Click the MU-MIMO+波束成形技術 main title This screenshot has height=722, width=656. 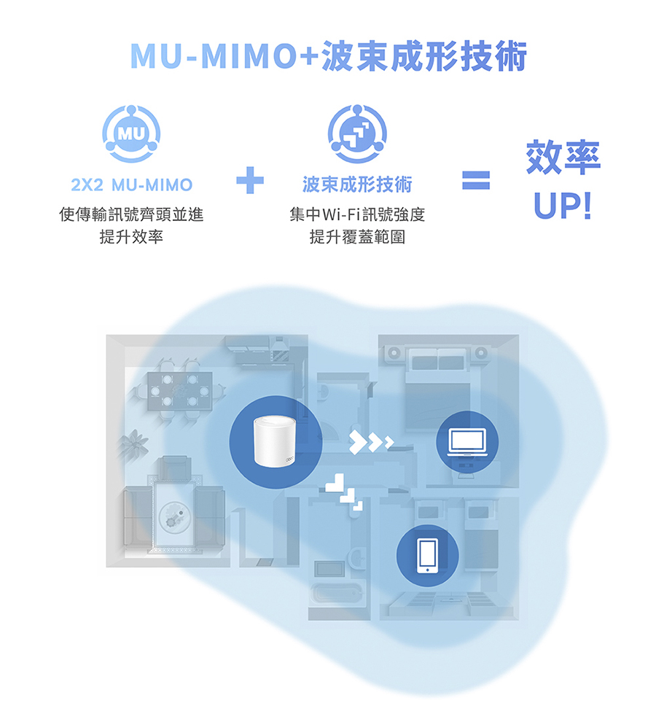point(329,56)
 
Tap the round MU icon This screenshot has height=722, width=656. point(131,134)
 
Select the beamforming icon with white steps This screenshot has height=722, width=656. point(357,134)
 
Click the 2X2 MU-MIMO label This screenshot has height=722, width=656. point(132,185)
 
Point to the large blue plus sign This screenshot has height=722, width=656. point(250,180)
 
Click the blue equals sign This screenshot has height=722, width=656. point(476,180)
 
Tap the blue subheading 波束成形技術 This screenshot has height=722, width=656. point(357,185)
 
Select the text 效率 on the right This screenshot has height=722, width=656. point(563,157)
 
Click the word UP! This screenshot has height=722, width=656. point(563,206)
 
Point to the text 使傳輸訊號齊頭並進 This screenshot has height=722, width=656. point(132,214)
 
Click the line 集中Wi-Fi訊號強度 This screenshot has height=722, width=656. point(357,214)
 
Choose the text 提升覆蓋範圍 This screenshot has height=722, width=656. point(357,237)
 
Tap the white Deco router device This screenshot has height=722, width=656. point(275,441)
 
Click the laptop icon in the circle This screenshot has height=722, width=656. point(467,442)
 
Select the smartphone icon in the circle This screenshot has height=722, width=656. point(428,556)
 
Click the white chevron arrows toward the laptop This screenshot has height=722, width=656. point(371,443)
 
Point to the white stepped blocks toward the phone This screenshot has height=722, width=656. point(344,492)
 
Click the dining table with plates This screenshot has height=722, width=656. point(179,391)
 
